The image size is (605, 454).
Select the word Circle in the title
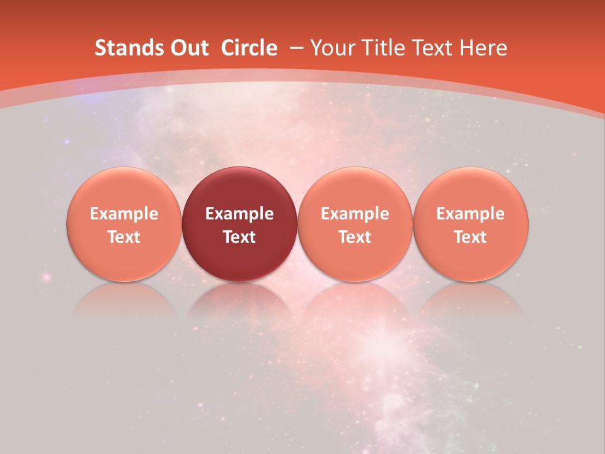point(249,48)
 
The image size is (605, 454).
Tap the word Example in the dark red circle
point(239,214)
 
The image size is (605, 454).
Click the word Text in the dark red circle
point(239,237)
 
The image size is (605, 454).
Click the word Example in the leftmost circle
point(124,214)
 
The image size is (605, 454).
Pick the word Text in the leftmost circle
point(124,237)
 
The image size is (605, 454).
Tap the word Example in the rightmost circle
point(471,214)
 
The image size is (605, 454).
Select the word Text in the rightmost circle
point(471,237)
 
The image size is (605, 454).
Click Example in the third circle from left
point(355,214)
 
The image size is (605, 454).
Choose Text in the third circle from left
point(355,237)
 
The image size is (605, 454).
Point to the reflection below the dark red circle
point(239,300)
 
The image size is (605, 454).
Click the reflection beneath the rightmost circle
point(471,300)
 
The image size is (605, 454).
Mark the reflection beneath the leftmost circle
point(124,300)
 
